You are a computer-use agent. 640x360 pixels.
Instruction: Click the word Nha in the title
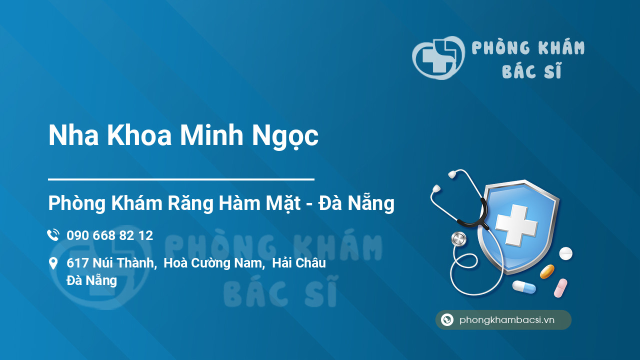73,136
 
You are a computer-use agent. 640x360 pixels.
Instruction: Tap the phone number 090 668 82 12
109,235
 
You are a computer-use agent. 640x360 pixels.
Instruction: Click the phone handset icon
53,235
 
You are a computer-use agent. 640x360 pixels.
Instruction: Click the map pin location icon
53,263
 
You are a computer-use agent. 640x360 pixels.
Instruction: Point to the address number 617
77,263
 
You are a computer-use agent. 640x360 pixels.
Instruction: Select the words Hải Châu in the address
299,263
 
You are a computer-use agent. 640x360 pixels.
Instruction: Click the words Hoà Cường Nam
213,263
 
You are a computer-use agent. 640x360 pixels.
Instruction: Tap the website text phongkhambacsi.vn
507,320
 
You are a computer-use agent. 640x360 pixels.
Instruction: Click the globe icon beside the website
447,320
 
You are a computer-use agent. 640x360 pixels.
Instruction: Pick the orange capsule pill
547,271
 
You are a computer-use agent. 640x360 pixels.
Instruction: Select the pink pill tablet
560,288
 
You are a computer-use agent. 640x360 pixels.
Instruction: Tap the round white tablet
565,253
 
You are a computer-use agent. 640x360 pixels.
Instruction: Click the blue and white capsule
523,287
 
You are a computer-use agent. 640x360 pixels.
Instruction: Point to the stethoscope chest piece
458,239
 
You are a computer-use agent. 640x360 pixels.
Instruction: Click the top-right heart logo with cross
438,57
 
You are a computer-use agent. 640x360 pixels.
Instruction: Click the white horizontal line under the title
181,178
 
